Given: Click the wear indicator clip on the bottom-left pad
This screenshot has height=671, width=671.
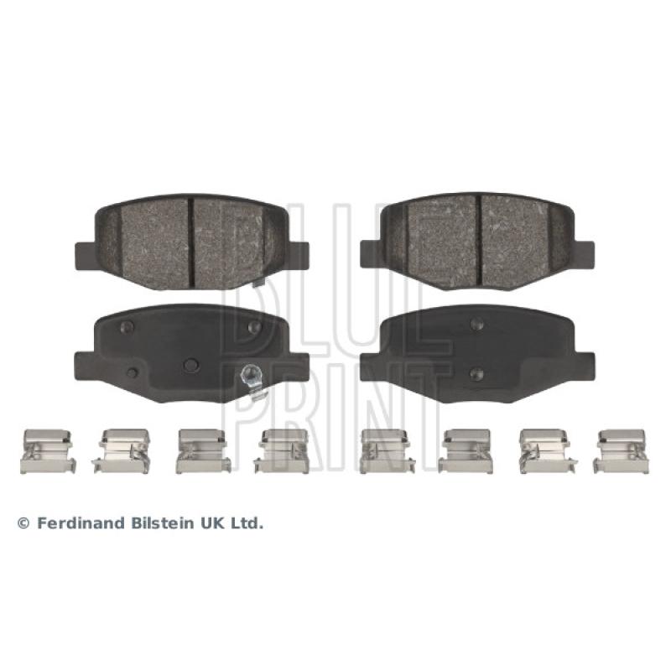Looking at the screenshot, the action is [252, 381].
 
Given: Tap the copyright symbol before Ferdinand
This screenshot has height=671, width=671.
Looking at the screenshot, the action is [23, 523].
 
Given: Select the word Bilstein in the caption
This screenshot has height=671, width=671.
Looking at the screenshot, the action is [160, 523].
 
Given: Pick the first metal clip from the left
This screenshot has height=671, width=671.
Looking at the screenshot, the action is [48, 451].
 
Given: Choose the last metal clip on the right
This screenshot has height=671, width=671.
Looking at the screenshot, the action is [622, 451].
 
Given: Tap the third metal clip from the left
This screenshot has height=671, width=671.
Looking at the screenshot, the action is [203, 451].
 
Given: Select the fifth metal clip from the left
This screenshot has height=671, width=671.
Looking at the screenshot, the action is [387, 451].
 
